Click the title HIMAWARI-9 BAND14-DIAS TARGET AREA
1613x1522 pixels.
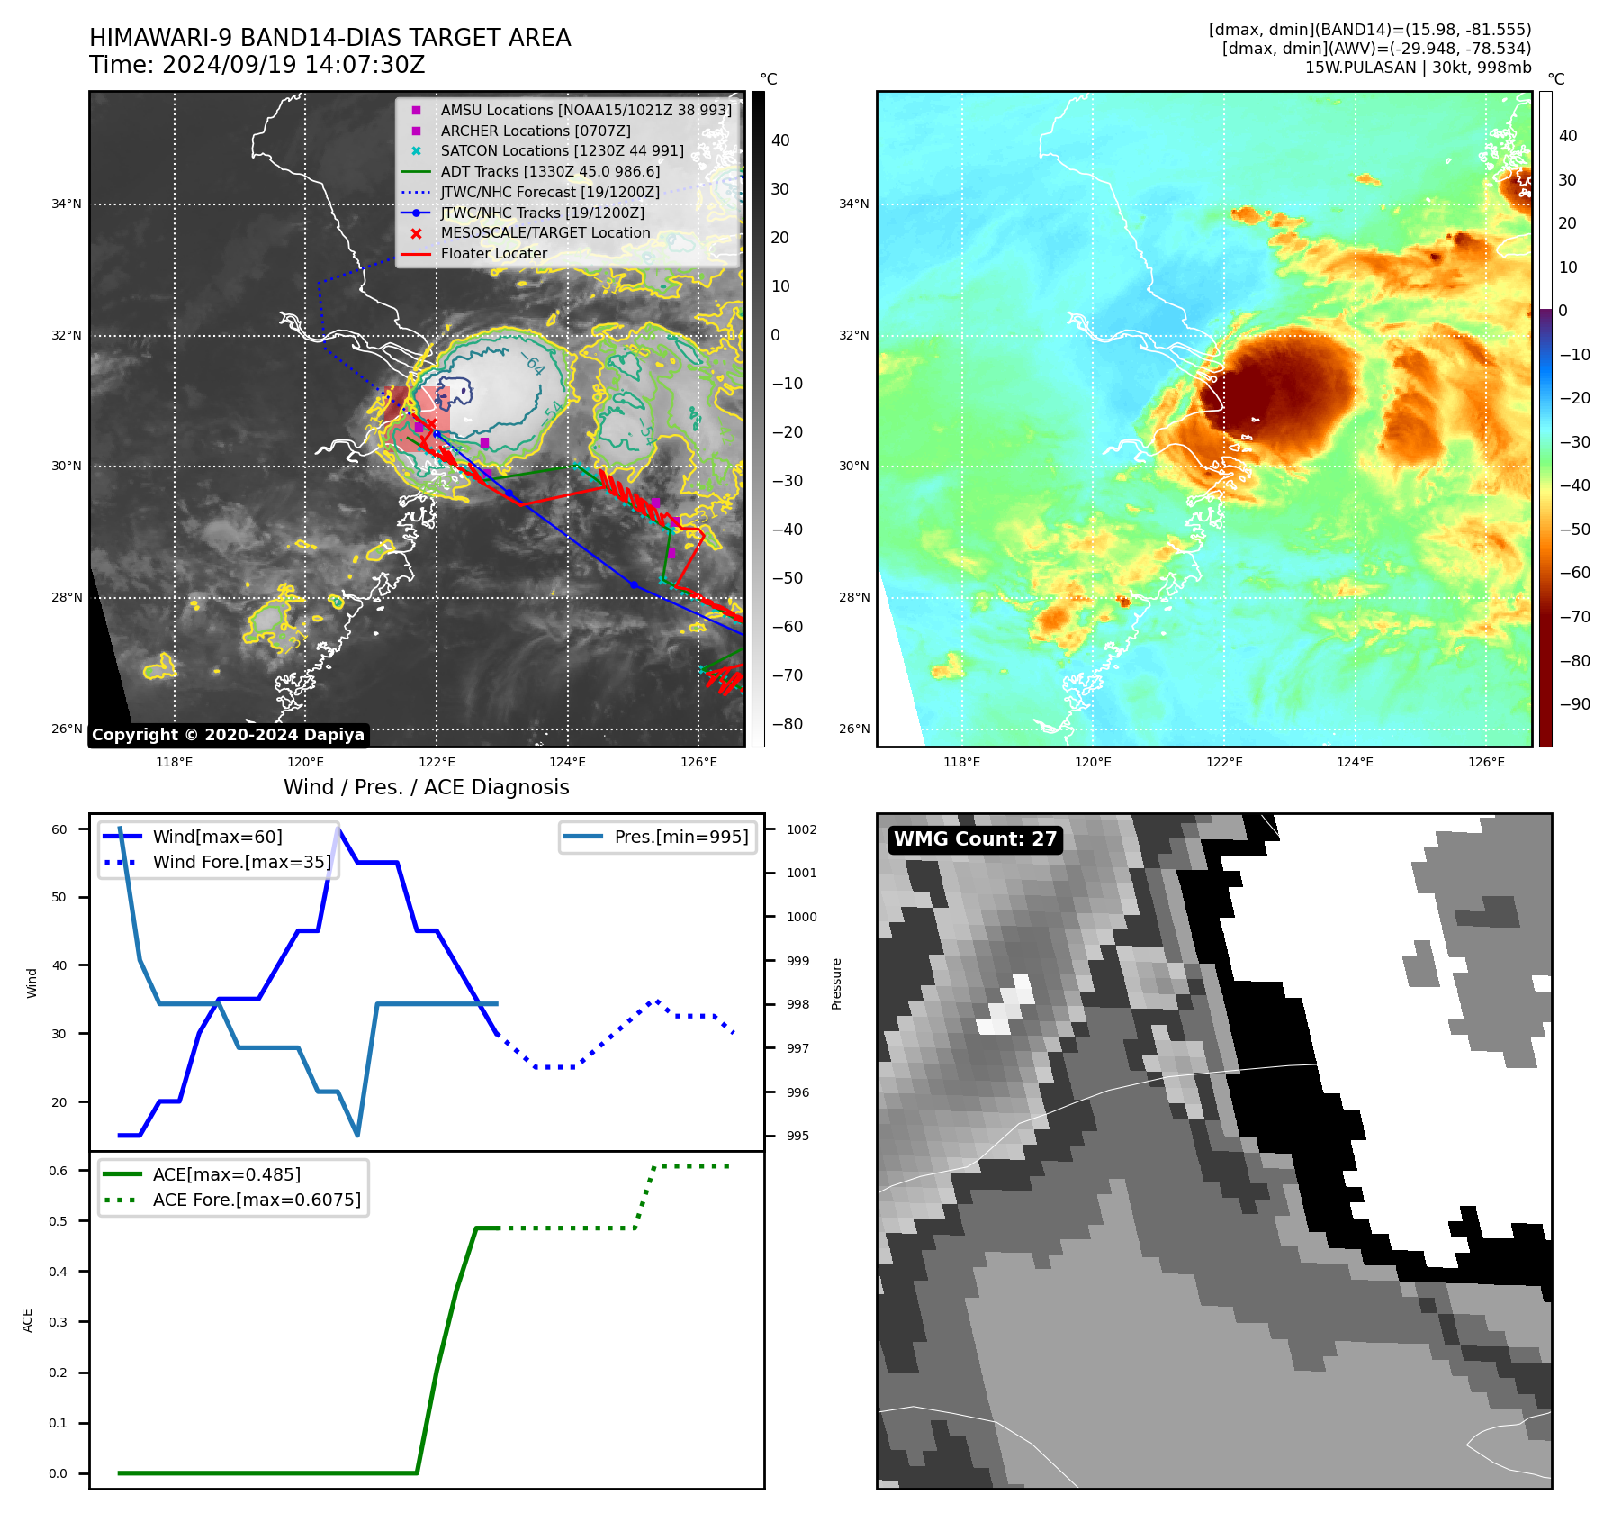329,38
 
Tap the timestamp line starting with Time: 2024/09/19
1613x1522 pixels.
257,65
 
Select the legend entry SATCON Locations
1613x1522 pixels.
562,151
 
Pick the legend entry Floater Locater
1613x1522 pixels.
493,254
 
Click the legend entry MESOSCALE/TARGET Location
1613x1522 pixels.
545,233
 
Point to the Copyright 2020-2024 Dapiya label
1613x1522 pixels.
228,735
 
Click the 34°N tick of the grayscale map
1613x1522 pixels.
66,204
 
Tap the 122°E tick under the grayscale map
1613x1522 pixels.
437,762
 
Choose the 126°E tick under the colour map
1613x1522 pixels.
1486,762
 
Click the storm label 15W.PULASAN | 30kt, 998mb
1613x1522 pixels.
1418,68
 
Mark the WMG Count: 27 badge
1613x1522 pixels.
975,839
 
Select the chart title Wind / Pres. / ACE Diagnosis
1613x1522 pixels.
426,787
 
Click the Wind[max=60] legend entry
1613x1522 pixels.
217,838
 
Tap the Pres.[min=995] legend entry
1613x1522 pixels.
680,838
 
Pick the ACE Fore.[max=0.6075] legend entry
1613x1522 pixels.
257,1200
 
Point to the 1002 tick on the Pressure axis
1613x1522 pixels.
801,829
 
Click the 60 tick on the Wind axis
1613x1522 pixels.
59,829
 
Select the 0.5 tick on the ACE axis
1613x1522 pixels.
59,1221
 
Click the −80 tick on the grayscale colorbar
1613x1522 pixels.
787,724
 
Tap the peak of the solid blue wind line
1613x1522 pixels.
338,829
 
